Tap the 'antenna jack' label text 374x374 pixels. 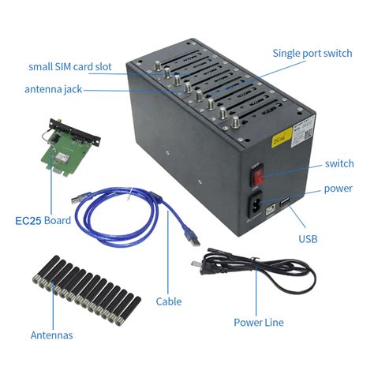click(x=54, y=90)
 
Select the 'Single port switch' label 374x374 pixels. click(x=312, y=54)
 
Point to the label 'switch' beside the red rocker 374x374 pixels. click(x=339, y=164)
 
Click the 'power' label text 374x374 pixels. click(x=338, y=189)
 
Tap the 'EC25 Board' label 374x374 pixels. click(x=43, y=220)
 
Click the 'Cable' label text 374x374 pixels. click(x=169, y=301)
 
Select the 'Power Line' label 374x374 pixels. click(x=258, y=322)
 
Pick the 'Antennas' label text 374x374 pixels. click(x=51, y=335)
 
